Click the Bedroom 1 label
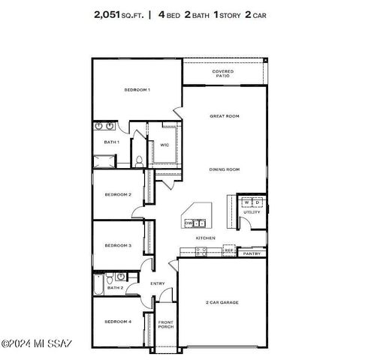click(137, 90)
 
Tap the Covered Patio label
click(222, 73)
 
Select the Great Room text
click(224, 116)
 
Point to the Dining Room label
click(224, 169)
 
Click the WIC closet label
click(164, 145)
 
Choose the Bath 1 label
click(112, 142)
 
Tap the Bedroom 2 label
click(118, 195)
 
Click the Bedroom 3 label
click(118, 245)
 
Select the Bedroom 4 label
click(118, 321)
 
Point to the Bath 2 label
click(115, 287)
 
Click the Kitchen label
click(206, 238)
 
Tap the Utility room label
click(252, 212)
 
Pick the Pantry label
click(252, 253)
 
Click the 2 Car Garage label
click(222, 302)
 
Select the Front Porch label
click(165, 325)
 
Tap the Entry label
click(158, 283)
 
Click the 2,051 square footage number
click(109, 14)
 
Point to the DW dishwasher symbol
click(189, 223)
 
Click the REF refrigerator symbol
click(228, 250)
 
